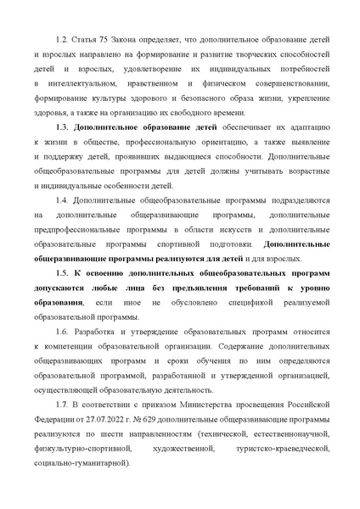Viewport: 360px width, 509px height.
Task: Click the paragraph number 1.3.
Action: (x=61, y=126)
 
